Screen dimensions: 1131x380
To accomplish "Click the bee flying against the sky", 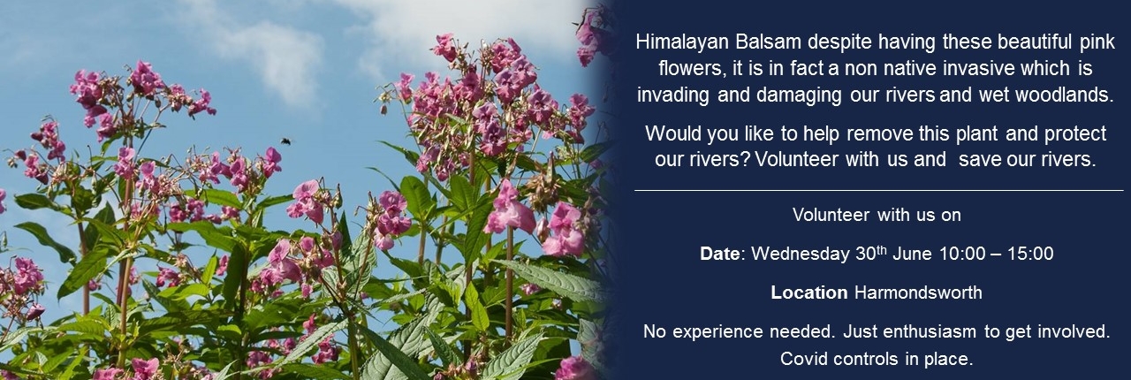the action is coord(286,141).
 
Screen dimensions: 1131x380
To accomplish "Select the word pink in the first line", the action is coord(1097,42).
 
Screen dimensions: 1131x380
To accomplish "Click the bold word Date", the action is coord(720,254).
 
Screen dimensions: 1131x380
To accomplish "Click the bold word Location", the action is coord(808,293).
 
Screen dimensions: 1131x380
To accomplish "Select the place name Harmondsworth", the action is coord(918,293).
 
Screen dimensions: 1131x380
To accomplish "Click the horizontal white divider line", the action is coord(879,191).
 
